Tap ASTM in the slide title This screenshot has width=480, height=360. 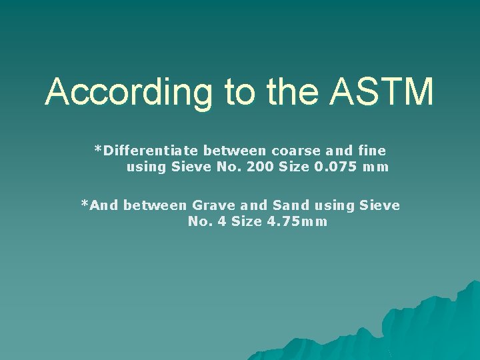pos(381,91)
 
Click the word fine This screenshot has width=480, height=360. pos(371,150)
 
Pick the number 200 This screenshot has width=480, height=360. pos(259,167)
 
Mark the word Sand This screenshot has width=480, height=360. pos(291,205)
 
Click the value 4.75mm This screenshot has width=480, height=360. pos(297,222)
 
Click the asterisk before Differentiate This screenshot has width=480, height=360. pos(99,150)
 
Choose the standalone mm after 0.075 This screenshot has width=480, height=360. pos(376,167)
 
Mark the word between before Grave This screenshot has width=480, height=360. pos(155,205)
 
